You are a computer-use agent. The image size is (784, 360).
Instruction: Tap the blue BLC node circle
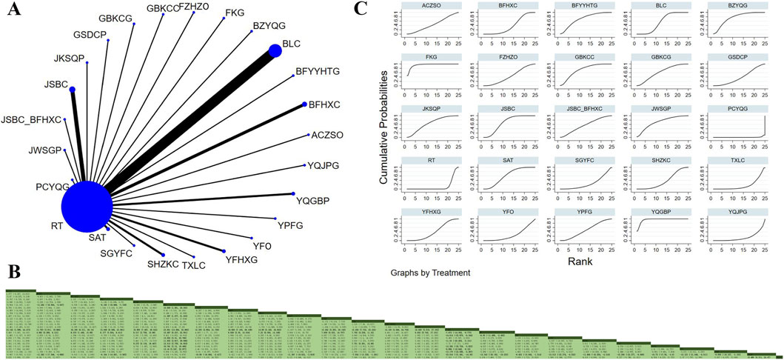pyautogui.click(x=275, y=50)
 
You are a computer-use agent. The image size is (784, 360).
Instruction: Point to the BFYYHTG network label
pyautogui.click(x=317, y=71)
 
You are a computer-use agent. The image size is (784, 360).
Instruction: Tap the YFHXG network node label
pyautogui.click(x=242, y=259)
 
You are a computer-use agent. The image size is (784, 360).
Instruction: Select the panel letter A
pyautogui.click(x=13, y=13)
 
